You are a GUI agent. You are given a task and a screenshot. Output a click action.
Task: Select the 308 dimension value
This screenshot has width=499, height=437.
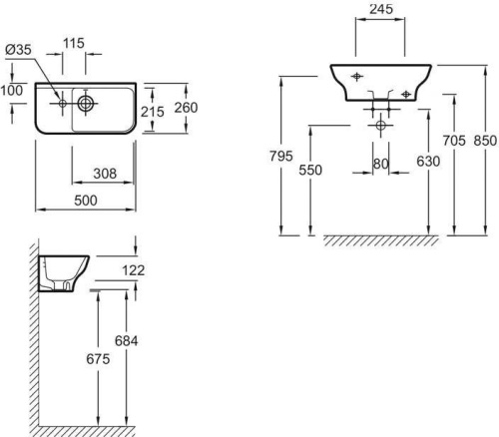coord(104,173)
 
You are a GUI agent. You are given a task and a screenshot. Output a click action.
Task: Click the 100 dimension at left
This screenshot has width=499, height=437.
coord(13,90)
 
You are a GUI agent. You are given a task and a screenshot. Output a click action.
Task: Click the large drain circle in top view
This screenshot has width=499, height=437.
coord(86,102)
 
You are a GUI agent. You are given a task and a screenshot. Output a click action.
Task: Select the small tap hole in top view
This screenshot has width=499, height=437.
coord(62,102)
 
